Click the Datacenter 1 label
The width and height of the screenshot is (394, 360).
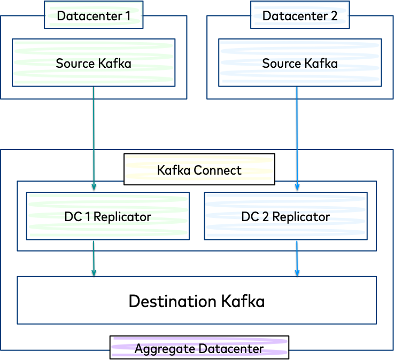click(94, 15)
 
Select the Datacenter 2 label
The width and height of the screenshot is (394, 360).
click(300, 15)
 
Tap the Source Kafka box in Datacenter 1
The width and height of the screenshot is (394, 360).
click(94, 63)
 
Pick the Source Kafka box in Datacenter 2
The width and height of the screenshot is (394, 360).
click(300, 63)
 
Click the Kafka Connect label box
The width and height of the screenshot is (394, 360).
click(199, 170)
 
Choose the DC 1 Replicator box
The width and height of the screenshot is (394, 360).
click(107, 216)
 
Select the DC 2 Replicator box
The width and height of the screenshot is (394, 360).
click(285, 216)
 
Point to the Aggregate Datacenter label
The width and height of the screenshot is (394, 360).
click(199, 348)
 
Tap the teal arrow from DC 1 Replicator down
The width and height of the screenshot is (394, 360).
click(94, 259)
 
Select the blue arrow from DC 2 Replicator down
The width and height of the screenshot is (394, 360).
click(298, 259)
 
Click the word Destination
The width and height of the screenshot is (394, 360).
click(173, 301)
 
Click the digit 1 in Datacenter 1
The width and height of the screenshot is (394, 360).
click(128, 15)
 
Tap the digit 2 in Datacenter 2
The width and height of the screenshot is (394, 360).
click(334, 15)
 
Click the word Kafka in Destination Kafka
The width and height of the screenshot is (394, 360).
click(242, 301)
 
